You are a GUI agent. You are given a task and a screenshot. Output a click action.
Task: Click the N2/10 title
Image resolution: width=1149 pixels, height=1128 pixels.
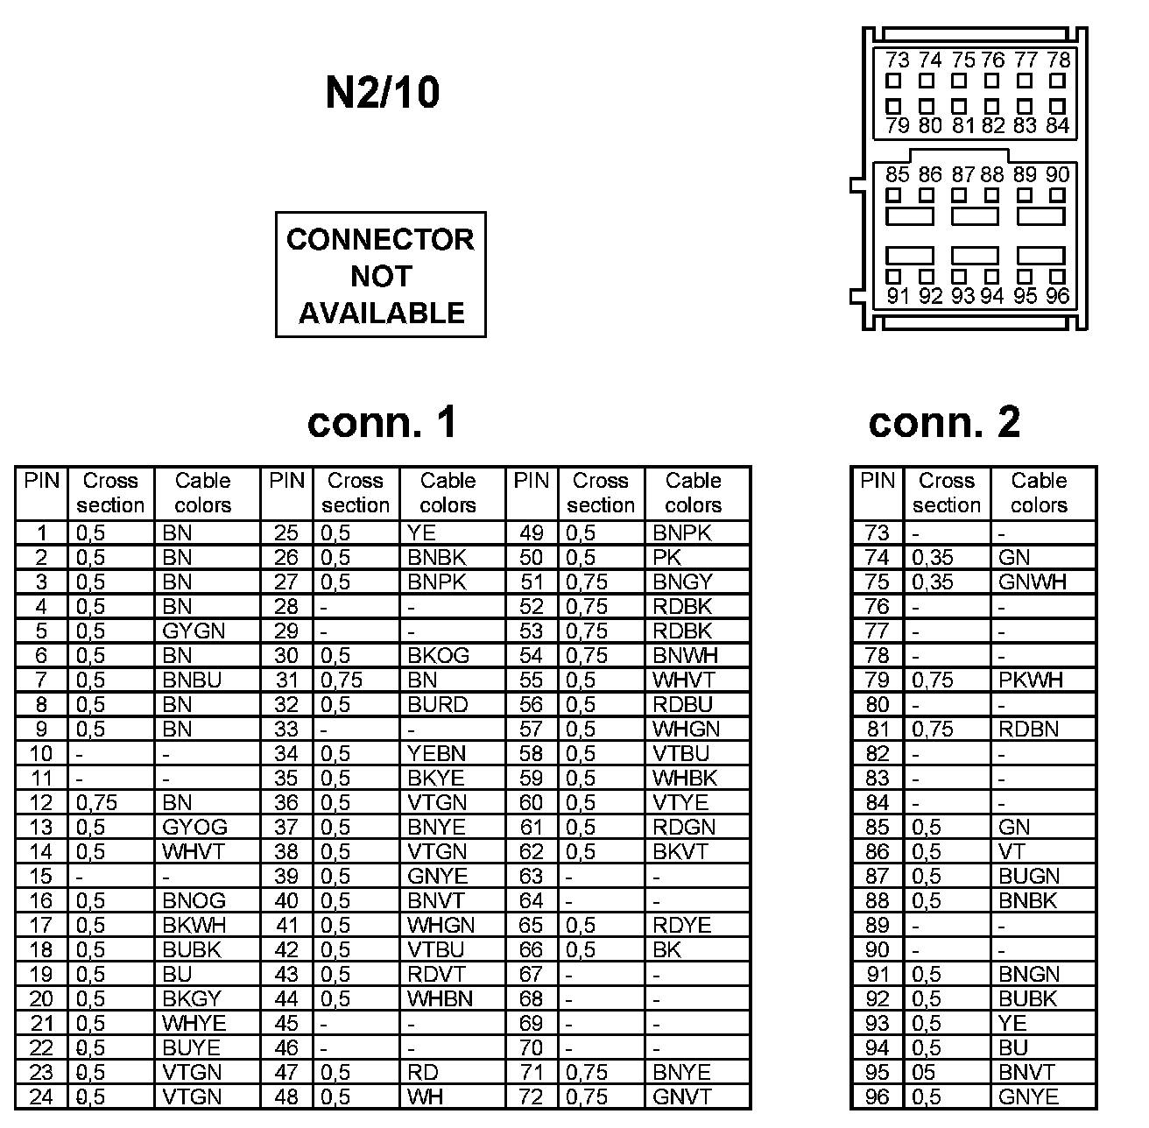coord(382,92)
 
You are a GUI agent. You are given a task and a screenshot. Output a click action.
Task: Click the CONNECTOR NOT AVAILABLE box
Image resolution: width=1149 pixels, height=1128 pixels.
coord(380,275)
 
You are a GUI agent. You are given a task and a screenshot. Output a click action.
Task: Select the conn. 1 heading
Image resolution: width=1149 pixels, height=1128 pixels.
coord(382,422)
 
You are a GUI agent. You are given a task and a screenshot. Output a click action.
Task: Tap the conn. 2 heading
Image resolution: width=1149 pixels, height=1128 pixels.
coord(944,422)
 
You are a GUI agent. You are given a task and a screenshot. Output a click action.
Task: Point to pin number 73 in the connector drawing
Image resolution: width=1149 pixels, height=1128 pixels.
coord(897,60)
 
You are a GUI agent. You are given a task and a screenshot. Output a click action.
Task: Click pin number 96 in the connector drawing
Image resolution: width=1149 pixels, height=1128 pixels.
coord(1058,296)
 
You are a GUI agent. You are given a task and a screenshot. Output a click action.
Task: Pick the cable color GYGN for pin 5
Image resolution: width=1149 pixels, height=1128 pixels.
coord(194,631)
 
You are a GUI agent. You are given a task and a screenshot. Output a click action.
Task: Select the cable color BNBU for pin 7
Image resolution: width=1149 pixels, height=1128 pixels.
coord(192,680)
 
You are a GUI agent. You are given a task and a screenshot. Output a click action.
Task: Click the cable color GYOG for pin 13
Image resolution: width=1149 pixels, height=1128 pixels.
coord(194,828)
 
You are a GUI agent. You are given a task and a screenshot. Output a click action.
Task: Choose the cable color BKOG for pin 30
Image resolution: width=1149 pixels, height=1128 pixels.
coord(438,656)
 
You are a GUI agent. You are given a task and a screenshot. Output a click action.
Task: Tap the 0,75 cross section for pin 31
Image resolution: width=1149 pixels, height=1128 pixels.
coord(342,680)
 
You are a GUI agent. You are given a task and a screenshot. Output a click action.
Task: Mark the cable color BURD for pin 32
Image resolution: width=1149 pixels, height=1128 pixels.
coord(437,705)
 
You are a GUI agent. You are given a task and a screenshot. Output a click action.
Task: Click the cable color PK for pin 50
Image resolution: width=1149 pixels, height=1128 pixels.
coord(666,558)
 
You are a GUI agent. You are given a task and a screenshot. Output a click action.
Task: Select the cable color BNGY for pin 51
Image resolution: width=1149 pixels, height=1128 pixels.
coord(683,582)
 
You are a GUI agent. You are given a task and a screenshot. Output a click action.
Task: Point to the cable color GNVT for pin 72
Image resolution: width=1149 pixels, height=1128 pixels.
coord(682,1097)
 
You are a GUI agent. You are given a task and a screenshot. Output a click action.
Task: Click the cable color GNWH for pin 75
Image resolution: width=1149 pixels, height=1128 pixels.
coord(1033,582)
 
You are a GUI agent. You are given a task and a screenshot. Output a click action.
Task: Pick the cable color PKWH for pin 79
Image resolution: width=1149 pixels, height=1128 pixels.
coord(1031,680)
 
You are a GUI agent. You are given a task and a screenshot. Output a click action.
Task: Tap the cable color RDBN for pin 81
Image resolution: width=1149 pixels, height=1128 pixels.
coord(1028,730)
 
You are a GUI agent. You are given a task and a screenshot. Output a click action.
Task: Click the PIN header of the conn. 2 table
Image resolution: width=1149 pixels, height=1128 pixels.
coord(877,481)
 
